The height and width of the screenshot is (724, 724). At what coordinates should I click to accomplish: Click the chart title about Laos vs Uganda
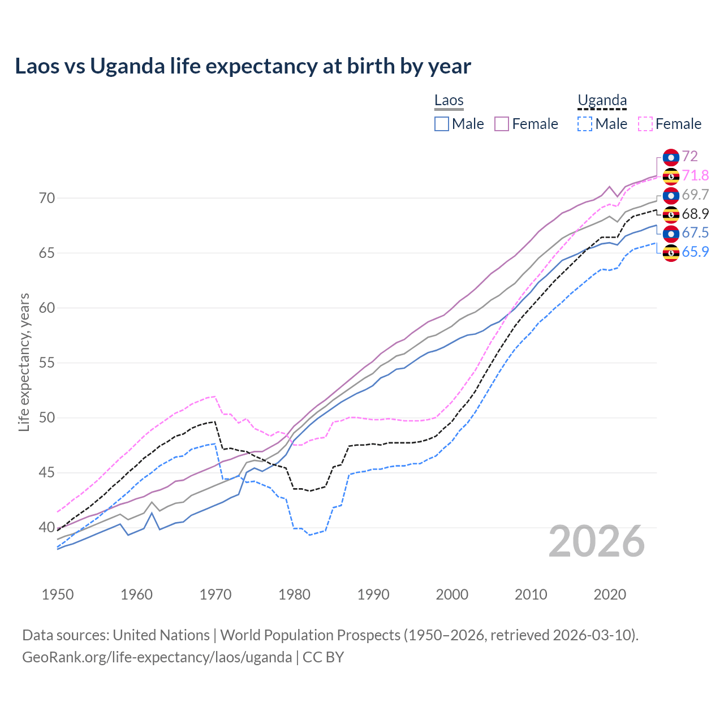(x=243, y=66)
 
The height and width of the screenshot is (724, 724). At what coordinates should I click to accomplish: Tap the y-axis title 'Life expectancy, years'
(x=24, y=362)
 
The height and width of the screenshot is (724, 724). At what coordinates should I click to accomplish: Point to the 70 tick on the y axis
(x=47, y=199)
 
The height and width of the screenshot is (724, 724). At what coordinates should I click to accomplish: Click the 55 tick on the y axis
(x=47, y=363)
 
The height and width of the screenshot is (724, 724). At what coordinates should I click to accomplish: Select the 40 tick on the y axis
(x=47, y=528)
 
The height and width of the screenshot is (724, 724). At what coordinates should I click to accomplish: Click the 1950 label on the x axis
(x=58, y=594)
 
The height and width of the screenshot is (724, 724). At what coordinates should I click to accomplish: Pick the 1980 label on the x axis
(x=294, y=594)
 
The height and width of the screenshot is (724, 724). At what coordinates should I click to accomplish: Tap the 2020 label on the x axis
(x=610, y=594)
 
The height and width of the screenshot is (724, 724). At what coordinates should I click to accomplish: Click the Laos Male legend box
(x=442, y=124)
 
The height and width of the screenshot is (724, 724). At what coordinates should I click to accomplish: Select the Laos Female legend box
(x=502, y=124)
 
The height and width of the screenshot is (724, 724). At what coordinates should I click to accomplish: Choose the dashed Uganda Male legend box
(x=585, y=124)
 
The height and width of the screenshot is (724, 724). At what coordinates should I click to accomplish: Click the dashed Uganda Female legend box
(x=645, y=124)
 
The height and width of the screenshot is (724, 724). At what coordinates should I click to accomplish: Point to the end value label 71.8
(x=695, y=176)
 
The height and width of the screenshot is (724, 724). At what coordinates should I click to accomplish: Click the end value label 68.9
(x=695, y=214)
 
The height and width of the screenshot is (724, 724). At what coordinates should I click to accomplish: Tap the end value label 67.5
(x=695, y=233)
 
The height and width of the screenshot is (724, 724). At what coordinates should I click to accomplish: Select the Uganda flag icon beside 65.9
(x=671, y=253)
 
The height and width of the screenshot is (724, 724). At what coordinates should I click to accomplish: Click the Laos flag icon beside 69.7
(x=671, y=196)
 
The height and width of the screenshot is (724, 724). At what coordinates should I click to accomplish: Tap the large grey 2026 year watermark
(x=597, y=542)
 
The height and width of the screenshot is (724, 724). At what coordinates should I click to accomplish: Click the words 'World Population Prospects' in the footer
(x=310, y=635)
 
